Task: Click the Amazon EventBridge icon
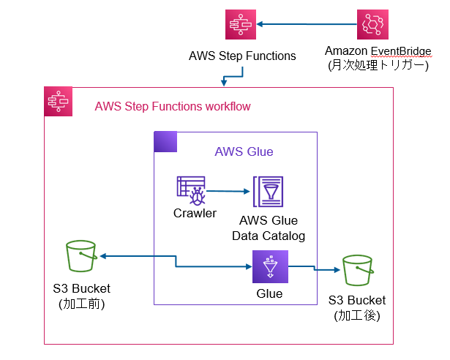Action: (x=373, y=25)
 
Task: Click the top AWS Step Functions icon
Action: (x=240, y=26)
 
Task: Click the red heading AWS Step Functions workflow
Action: (x=173, y=107)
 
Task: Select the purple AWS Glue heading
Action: (x=244, y=152)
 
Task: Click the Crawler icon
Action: (x=191, y=190)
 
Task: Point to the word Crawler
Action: (x=195, y=214)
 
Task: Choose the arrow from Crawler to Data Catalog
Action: (x=228, y=191)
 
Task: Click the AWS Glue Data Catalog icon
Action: (x=268, y=193)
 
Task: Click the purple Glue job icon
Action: (x=269, y=266)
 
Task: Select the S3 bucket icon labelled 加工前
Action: (x=82, y=256)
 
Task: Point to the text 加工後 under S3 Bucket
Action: (x=356, y=316)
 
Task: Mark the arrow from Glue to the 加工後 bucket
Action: (x=315, y=269)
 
